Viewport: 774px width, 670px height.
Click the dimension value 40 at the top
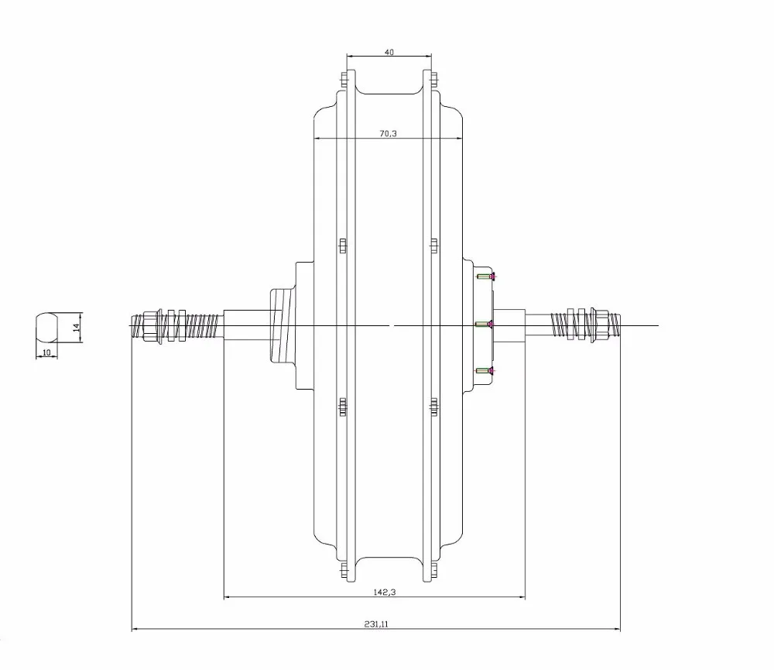pyautogui.click(x=389, y=52)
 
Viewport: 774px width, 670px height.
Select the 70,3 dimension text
pyautogui.click(x=388, y=134)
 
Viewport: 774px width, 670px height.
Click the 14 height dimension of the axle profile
pyautogui.click(x=76, y=327)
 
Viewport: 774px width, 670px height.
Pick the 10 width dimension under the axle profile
pyautogui.click(x=46, y=352)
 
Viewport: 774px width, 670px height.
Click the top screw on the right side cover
pyautogui.click(x=486, y=277)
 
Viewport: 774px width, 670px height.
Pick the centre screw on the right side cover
pyautogui.click(x=485, y=324)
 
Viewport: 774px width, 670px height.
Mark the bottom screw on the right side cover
pyautogui.click(x=486, y=373)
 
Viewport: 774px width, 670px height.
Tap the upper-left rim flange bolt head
pyautogui.click(x=341, y=78)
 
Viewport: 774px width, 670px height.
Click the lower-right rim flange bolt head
pyautogui.click(x=433, y=571)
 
